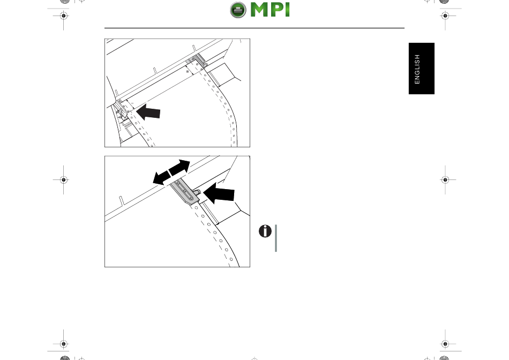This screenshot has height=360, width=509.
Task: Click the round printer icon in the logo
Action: (x=238, y=10)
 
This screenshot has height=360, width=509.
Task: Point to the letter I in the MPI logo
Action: (x=287, y=10)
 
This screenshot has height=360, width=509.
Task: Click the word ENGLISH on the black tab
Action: (x=417, y=69)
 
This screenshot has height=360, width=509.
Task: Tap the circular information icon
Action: (x=265, y=231)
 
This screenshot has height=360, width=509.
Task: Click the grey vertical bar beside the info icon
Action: (x=276, y=238)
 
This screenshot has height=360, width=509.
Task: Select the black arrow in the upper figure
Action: (x=148, y=112)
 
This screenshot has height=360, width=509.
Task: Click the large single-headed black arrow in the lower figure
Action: (x=219, y=193)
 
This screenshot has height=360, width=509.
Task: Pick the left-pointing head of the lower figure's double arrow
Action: (x=162, y=178)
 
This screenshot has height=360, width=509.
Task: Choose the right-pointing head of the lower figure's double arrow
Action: (x=180, y=167)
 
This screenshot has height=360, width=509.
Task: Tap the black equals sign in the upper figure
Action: (x=188, y=71)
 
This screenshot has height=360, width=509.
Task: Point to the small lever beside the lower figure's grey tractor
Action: (x=197, y=192)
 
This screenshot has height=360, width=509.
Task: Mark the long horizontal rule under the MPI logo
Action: (x=254, y=28)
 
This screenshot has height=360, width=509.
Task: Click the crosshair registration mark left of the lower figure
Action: (x=64, y=179)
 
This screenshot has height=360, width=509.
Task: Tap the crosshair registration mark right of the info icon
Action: (x=445, y=179)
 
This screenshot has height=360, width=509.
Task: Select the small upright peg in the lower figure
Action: (x=122, y=201)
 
